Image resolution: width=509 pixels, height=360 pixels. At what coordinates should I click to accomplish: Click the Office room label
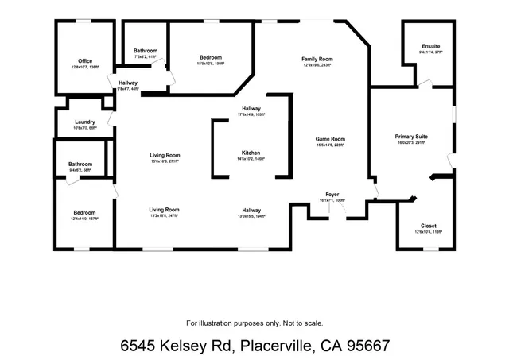click(x=85, y=61)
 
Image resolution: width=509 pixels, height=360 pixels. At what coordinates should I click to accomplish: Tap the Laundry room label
click(x=85, y=122)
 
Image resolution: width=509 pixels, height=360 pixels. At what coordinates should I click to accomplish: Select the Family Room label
click(x=317, y=60)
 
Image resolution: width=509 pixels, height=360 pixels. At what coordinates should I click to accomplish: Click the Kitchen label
click(x=251, y=153)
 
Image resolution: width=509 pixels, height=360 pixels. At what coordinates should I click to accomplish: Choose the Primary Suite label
click(x=411, y=137)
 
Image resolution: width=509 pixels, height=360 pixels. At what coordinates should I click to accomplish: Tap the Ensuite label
click(x=431, y=47)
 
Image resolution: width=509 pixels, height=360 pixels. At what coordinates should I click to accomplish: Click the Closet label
click(x=428, y=226)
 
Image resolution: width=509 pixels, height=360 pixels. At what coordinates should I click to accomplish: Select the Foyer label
click(x=332, y=194)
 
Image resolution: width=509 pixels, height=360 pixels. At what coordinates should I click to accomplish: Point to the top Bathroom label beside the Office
click(x=146, y=51)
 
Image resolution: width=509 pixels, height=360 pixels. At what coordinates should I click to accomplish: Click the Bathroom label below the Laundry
click(x=80, y=165)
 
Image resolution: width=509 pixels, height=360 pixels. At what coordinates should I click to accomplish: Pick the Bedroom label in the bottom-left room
click(x=84, y=212)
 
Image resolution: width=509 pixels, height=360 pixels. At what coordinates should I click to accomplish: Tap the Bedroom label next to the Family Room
click(x=211, y=57)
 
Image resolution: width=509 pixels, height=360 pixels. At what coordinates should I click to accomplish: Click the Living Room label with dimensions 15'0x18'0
click(x=165, y=155)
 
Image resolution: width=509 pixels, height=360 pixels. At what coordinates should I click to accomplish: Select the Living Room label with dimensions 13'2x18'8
click(x=165, y=210)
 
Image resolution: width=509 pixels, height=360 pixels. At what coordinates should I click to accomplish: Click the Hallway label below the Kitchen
click(x=252, y=210)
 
